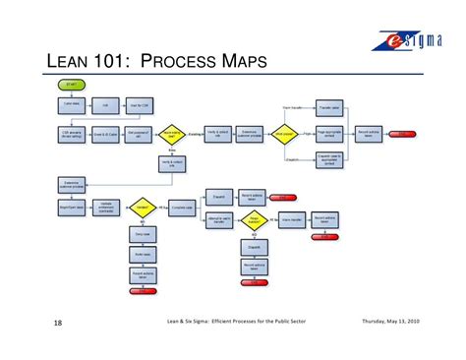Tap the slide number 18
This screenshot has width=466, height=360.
pos(58,322)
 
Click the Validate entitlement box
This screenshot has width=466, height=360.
pos(107,208)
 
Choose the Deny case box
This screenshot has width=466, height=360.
pos(143,235)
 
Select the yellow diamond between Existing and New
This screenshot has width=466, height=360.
pos(171,134)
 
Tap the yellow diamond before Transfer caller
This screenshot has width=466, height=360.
pos(286,134)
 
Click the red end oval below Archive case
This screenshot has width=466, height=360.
pos(141,290)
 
